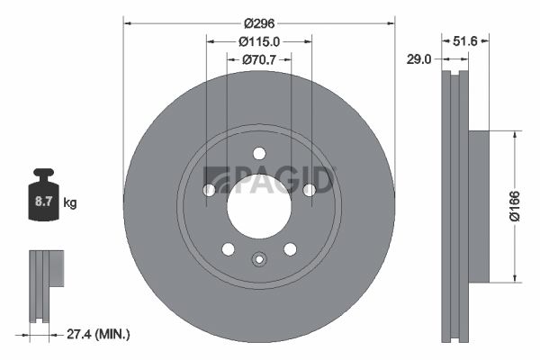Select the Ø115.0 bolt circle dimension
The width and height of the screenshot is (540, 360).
(x=259, y=40)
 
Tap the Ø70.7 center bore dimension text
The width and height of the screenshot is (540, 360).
(x=259, y=59)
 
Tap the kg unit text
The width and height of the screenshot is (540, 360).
(x=70, y=203)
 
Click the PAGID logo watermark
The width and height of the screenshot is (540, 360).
(x=270, y=179)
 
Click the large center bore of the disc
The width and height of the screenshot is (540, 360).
(x=259, y=205)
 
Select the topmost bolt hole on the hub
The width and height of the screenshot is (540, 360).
(x=259, y=153)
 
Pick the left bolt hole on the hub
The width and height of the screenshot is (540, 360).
(x=209, y=190)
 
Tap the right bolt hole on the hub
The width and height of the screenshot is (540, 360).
(x=310, y=190)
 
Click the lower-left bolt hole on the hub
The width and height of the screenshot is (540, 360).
(x=229, y=248)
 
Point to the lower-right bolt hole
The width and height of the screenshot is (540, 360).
(x=290, y=248)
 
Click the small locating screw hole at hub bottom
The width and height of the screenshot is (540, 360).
(x=259, y=261)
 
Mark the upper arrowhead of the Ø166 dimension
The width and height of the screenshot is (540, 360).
(x=514, y=136)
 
